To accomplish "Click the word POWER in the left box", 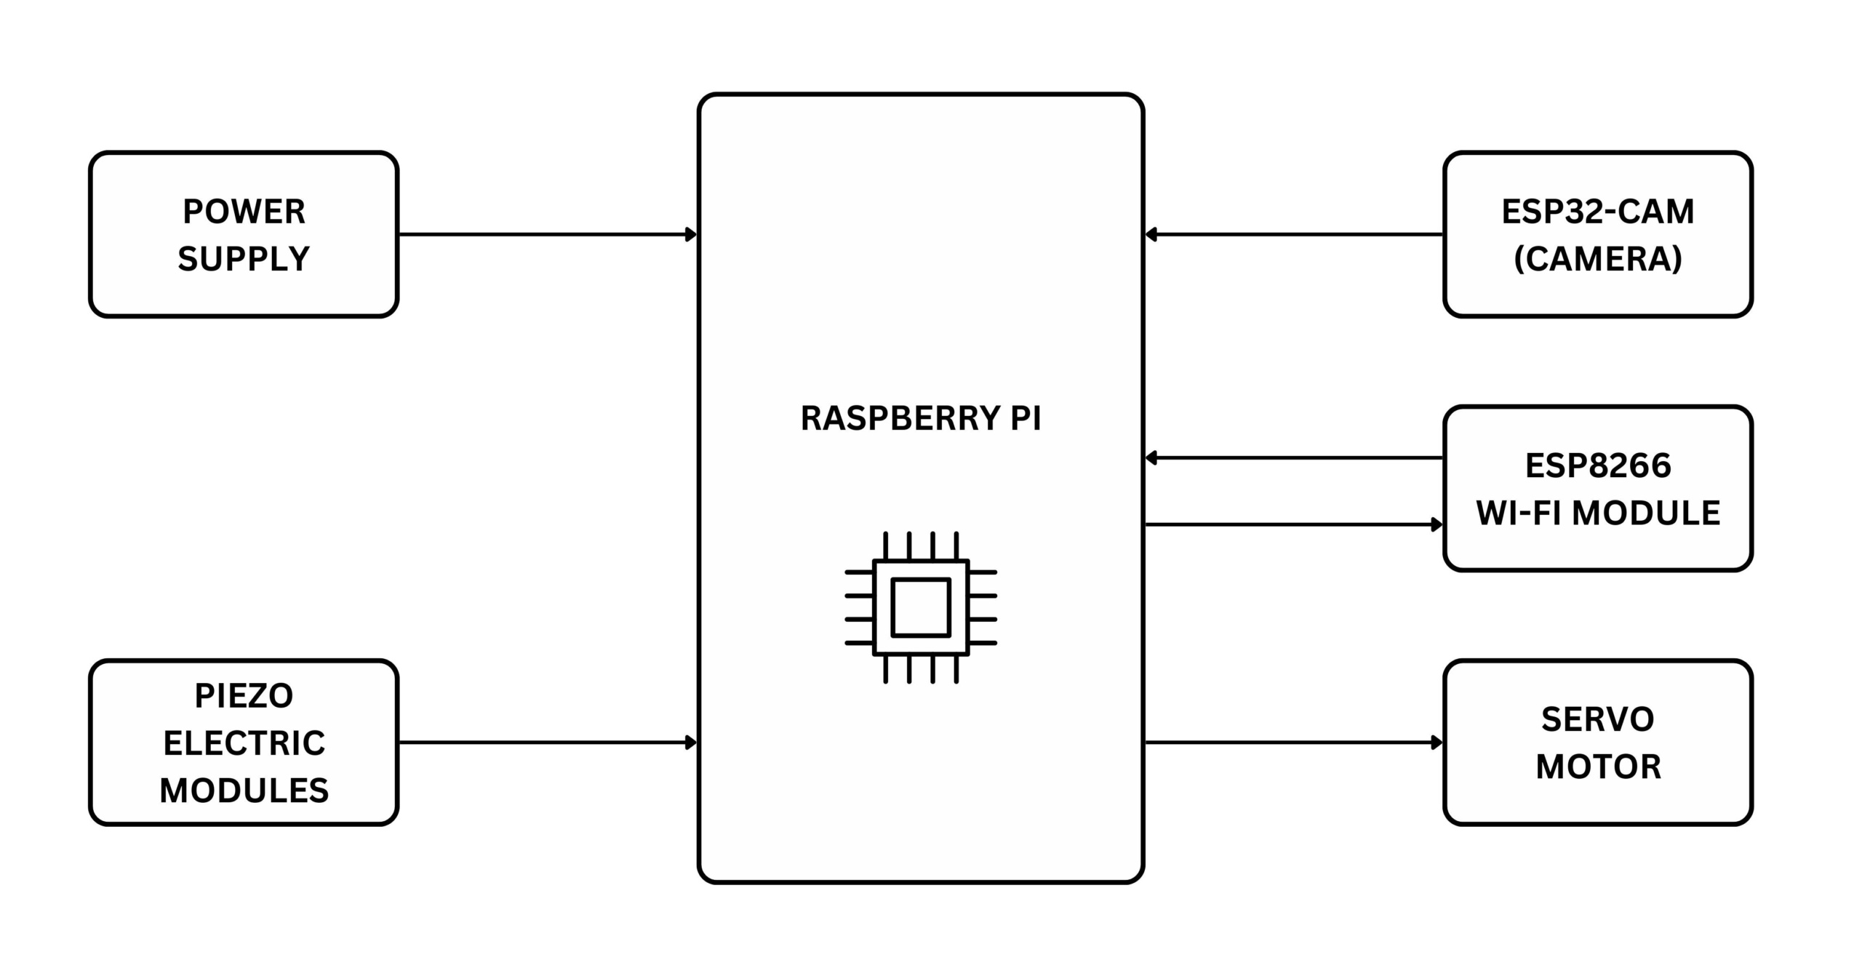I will (x=244, y=212).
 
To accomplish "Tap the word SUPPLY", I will (x=244, y=259).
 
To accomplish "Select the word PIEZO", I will (x=244, y=696).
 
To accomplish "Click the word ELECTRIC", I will (x=244, y=743).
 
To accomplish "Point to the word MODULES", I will (x=244, y=791).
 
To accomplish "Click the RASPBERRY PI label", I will (x=920, y=418).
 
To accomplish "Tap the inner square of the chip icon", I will (x=921, y=607).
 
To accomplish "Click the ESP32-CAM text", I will (x=1598, y=212).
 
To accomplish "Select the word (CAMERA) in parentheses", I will (x=1598, y=259).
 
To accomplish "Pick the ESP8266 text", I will (x=1598, y=465).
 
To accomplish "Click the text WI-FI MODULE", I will (x=1598, y=513).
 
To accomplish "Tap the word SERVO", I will (x=1598, y=719).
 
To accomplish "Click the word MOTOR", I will (x=1598, y=767).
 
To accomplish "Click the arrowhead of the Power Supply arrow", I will (x=692, y=234).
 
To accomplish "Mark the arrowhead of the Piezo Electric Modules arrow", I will (x=692, y=743).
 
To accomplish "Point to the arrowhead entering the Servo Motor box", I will (x=1437, y=743).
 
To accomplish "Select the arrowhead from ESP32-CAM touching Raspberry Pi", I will (x=1151, y=234).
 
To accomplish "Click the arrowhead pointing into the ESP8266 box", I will (x=1437, y=524).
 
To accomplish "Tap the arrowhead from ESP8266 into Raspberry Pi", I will (x=1151, y=457).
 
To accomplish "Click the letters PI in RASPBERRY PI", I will (x=1026, y=418).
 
